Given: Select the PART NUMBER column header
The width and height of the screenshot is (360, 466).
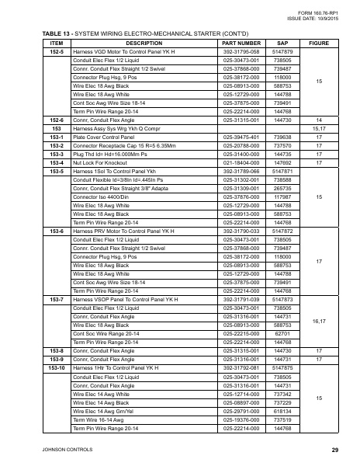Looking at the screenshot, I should click(x=241, y=43).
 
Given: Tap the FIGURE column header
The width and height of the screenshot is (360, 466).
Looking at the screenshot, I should click(x=319, y=43).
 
